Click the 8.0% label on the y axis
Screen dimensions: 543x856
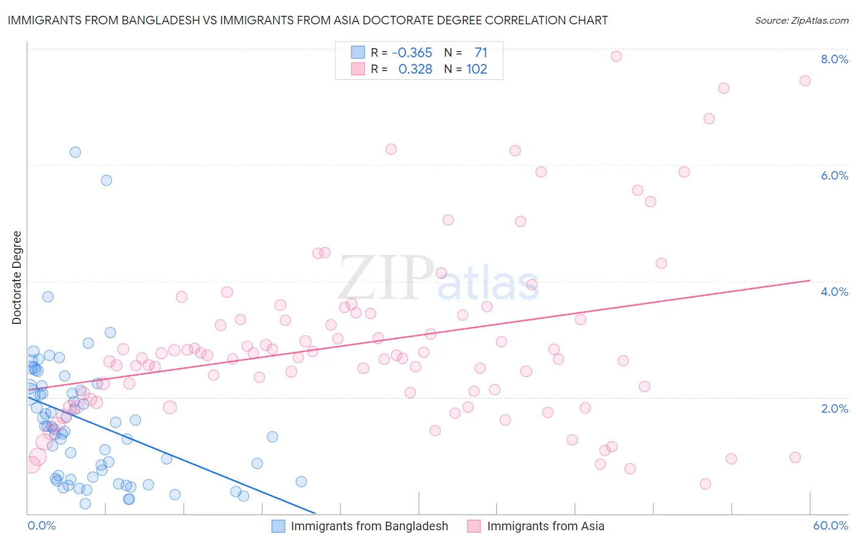pyautogui.click(x=834, y=59)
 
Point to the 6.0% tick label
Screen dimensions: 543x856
pyautogui.click(x=834, y=175)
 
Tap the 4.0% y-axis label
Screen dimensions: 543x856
pyautogui.click(x=834, y=292)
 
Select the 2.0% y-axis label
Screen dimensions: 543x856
pyautogui.click(x=834, y=408)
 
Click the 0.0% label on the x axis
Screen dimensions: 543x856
pyautogui.click(x=41, y=525)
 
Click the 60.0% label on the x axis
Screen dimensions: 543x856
pyautogui.click(x=830, y=525)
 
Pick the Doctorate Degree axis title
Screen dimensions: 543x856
pyautogui.click(x=17, y=278)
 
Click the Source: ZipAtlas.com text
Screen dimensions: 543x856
pyautogui.click(x=801, y=21)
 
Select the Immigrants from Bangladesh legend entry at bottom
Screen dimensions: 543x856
pyautogui.click(x=369, y=526)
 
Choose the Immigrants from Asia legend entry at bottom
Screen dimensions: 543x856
pyautogui.click(x=546, y=526)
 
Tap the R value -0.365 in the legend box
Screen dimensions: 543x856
pyautogui.click(x=412, y=53)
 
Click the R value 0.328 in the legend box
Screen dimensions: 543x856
pyautogui.click(x=415, y=69)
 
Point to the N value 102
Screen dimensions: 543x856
pyautogui.click(x=477, y=69)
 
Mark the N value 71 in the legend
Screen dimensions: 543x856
pyautogui.click(x=480, y=53)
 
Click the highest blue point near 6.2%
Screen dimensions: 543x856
pyautogui.click(x=75, y=152)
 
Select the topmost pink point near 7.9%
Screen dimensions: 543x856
pyautogui.click(x=616, y=56)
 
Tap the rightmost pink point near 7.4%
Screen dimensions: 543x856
pyautogui.click(x=805, y=81)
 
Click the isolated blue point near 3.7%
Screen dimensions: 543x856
pyautogui.click(x=47, y=296)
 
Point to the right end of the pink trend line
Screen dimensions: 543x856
pyautogui.click(x=810, y=280)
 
